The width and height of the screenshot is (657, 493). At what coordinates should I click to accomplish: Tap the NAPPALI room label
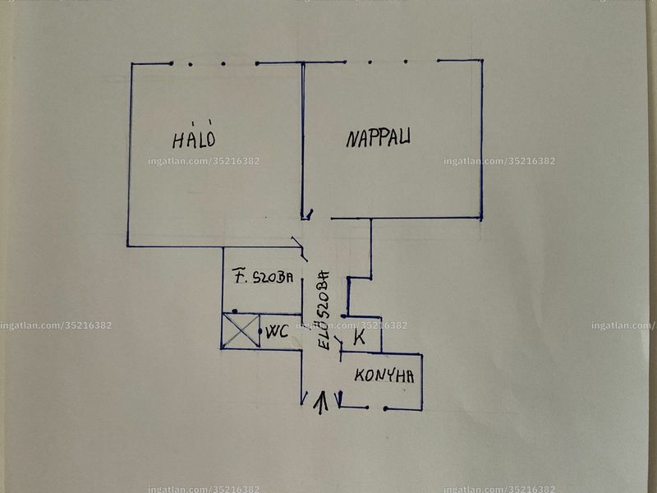point(378,138)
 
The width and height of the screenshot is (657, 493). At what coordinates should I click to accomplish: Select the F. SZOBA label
point(263,276)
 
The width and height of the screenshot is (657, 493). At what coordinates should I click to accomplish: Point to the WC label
point(278,331)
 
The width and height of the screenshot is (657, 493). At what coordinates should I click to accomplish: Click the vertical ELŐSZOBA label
point(324,311)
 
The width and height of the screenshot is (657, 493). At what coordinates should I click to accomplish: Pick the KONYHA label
point(384,376)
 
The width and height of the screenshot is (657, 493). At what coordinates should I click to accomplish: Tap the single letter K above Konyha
point(359,337)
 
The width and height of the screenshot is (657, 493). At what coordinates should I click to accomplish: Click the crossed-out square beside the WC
point(241,330)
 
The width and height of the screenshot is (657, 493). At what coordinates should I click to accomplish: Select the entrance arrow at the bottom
point(321,403)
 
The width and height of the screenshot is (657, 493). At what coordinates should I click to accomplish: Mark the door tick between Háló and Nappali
point(309,214)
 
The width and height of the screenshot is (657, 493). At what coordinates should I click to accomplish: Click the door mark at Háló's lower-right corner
point(299,248)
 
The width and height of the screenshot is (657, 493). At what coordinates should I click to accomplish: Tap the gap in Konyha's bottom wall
point(376,408)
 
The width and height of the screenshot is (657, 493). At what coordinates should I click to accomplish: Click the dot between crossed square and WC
point(260,331)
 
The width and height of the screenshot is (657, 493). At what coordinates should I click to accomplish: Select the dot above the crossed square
point(235,311)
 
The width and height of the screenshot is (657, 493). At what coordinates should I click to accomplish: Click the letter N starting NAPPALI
point(351,140)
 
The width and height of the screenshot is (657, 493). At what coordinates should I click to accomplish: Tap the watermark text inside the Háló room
point(204,161)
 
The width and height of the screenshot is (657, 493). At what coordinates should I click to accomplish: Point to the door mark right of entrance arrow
point(340,399)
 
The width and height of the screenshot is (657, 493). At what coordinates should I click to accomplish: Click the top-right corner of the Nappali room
point(482,60)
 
